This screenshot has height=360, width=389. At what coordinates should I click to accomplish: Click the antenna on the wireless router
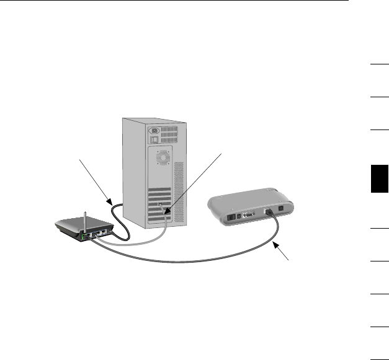84,220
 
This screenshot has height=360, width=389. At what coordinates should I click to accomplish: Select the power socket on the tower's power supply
153,131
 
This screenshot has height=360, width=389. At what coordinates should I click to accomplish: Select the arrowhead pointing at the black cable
109,203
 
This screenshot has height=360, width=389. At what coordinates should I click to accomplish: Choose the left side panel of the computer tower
133,167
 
